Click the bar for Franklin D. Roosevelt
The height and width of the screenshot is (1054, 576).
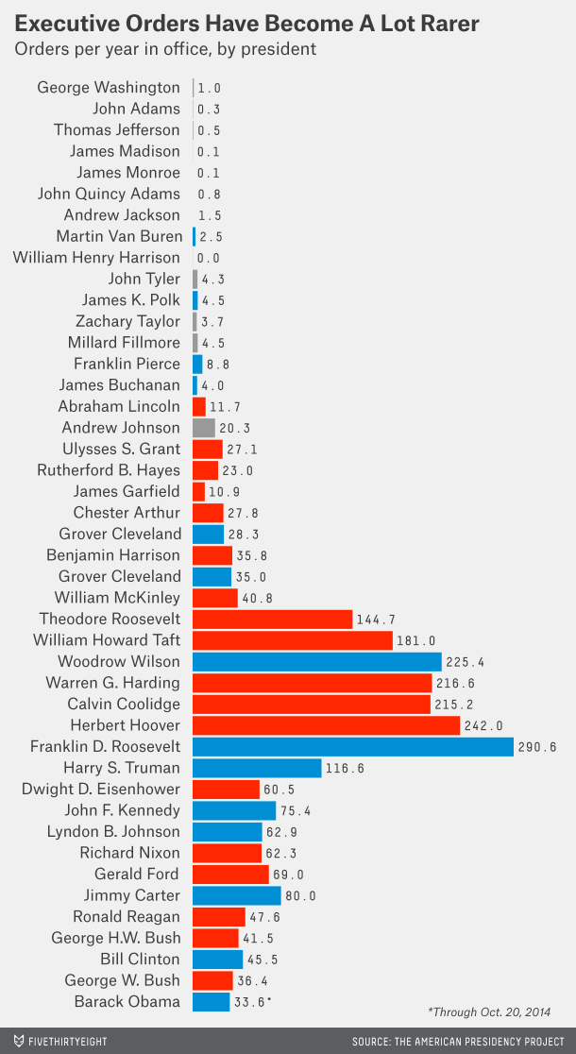click(x=353, y=746)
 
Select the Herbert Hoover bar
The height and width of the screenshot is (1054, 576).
click(x=326, y=725)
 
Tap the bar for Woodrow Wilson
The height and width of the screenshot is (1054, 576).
click(x=317, y=661)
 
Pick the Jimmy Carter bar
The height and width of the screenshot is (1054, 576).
click(x=236, y=895)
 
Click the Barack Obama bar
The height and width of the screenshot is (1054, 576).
click(x=211, y=1001)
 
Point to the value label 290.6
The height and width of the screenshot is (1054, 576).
click(x=541, y=747)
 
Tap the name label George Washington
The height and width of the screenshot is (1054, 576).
click(x=108, y=88)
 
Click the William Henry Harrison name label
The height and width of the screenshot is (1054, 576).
click(x=95, y=258)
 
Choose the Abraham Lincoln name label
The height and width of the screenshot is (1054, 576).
click(x=118, y=406)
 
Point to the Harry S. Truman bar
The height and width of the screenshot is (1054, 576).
click(x=257, y=768)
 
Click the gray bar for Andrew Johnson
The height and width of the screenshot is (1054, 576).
click(x=203, y=428)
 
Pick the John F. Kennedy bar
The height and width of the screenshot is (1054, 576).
click(x=234, y=810)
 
